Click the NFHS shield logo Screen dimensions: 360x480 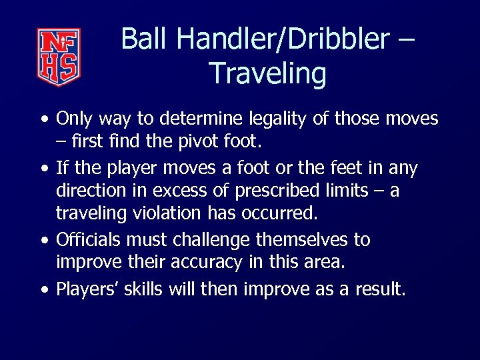pos(59,57)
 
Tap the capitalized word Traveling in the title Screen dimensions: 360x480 pos(267,73)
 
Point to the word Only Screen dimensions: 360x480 pos(75,119)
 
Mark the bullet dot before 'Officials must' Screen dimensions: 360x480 pos(44,240)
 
